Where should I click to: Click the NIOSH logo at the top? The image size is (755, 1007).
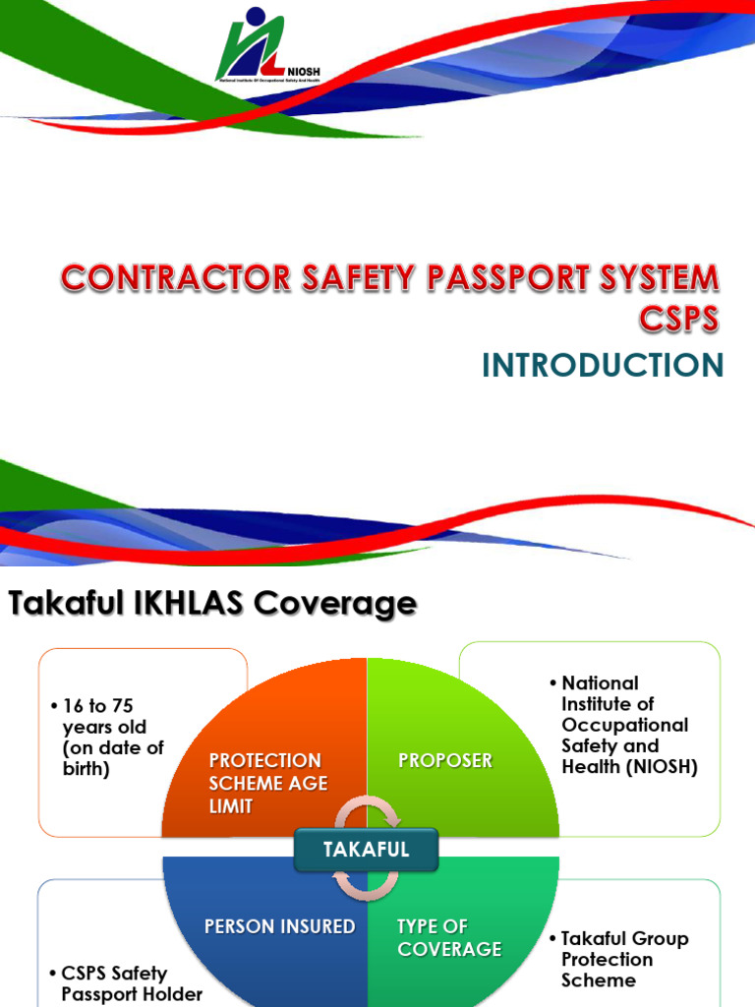267,45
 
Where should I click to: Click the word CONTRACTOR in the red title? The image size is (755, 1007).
177,278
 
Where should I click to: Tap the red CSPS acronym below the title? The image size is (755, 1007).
678,319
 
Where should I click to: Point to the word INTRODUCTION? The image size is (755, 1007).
603,365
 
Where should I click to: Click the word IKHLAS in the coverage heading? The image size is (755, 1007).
189,603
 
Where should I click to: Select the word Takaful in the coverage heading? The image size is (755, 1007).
66,603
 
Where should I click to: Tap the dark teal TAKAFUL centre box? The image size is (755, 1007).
366,849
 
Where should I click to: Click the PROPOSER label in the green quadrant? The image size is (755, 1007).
445,760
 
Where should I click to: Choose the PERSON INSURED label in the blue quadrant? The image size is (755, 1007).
280,926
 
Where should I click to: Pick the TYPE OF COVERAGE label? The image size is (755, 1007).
449,937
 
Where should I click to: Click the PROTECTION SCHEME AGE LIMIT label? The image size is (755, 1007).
268,783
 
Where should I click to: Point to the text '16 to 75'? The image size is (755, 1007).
97,706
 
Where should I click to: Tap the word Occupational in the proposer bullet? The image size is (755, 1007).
624,725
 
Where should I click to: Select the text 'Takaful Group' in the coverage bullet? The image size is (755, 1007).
624,938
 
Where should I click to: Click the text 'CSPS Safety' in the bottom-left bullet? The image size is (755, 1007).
114,973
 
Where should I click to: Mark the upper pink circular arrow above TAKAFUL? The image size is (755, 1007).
368,811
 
